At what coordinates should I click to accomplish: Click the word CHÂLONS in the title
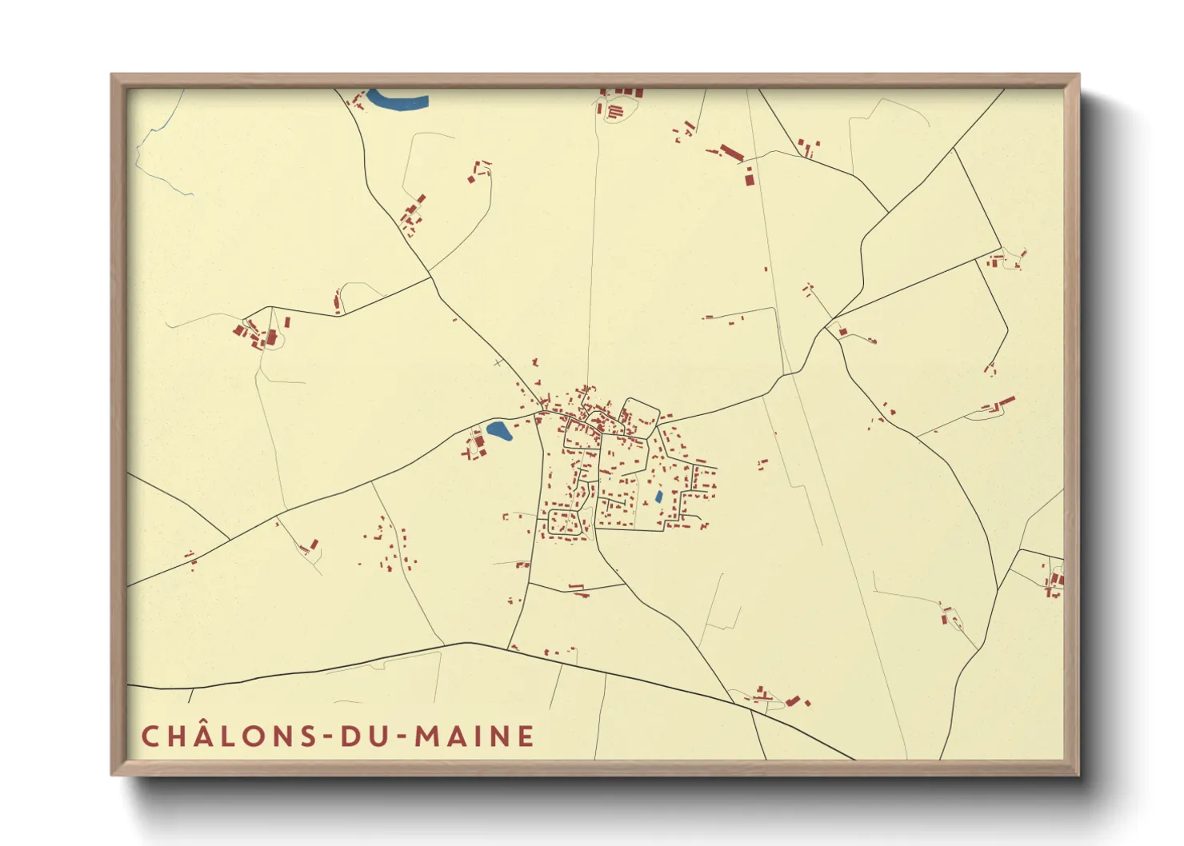(230, 736)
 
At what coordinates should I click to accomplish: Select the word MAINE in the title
(474, 736)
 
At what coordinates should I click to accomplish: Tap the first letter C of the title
(150, 736)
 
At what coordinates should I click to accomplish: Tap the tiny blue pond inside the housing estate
(658, 497)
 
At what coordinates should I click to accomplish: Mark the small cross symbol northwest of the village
(499, 363)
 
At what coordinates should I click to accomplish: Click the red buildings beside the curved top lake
(356, 101)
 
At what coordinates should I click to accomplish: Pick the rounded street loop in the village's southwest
(563, 522)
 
